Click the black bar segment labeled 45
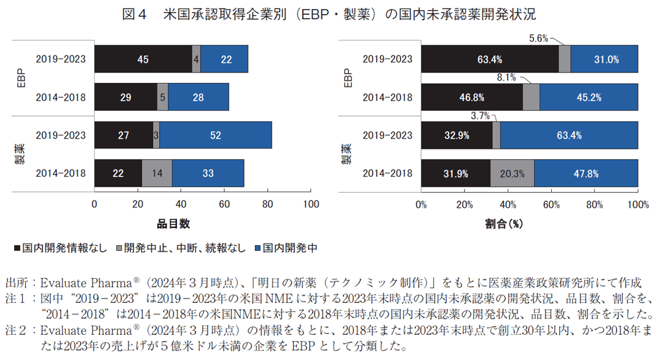tap(143, 60)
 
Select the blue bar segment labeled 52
tap(215, 135)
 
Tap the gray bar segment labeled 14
tap(157, 173)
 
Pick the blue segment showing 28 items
tap(198, 98)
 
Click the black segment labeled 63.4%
tap(490, 60)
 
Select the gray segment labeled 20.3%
tap(511, 173)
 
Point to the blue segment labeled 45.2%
tap(589, 98)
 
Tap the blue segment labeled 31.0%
tap(604, 60)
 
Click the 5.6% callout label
tap(539, 38)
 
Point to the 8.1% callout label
tap(506, 77)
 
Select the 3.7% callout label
tap(481, 115)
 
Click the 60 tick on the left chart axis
tap(224, 204)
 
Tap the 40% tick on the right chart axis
tap(508, 204)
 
